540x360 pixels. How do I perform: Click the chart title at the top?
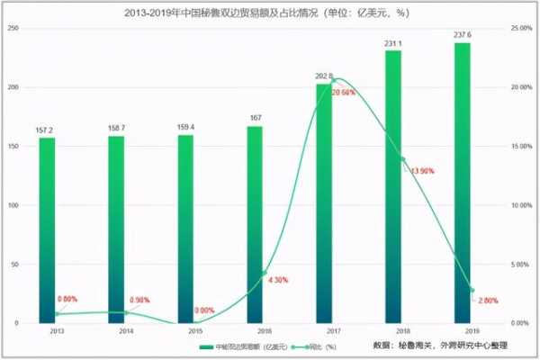(x=270, y=13)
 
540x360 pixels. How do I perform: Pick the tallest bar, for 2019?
(x=463, y=180)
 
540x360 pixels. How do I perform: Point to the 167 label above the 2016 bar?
(x=256, y=118)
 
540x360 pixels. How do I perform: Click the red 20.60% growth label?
(x=343, y=93)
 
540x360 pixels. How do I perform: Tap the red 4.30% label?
(x=277, y=280)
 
